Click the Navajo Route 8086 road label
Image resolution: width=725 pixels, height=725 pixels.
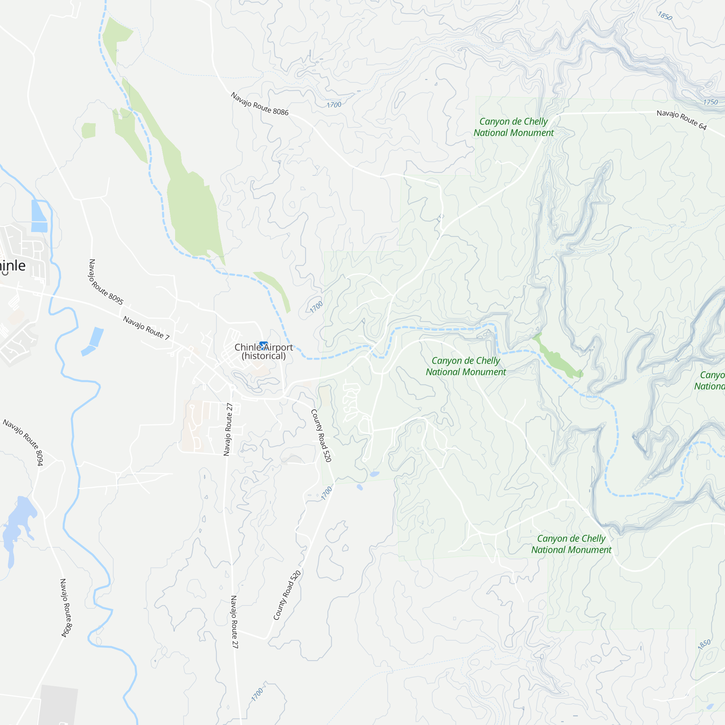coord(259,104)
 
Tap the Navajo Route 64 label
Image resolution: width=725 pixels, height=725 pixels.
coord(681,120)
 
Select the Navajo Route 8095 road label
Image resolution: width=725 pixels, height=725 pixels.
coord(106,281)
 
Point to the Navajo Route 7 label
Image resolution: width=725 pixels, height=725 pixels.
coord(146,328)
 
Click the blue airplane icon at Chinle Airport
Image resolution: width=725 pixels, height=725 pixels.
coord(264,344)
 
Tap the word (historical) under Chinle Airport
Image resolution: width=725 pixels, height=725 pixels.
coord(264,356)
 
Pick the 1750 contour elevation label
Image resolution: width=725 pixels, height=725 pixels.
coord(710,102)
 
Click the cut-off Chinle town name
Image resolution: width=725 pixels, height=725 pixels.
coord(12,265)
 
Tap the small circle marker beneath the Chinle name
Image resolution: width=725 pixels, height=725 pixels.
coord(5,273)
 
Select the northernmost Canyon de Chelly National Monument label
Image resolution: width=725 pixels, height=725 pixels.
coord(513,127)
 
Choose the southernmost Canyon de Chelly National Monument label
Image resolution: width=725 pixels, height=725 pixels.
coord(571,544)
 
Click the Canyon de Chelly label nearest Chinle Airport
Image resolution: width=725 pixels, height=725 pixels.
coord(465,366)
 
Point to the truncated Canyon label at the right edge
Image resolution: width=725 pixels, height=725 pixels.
coord(710,381)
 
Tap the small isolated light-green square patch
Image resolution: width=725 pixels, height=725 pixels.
coord(88,130)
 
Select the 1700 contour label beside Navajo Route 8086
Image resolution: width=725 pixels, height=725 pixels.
coord(333,105)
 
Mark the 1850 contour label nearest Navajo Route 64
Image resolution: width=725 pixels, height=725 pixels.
coord(664,16)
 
